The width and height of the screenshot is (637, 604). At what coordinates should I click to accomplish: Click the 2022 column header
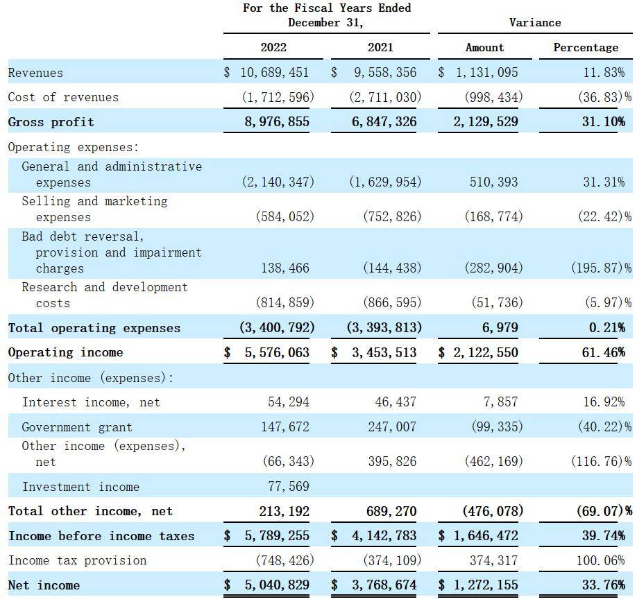273,47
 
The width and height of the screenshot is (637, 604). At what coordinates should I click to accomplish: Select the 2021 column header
380,47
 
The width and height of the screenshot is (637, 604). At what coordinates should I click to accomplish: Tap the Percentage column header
586,47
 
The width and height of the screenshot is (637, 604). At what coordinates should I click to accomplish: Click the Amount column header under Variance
484,47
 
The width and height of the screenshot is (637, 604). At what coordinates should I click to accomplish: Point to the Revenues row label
35,73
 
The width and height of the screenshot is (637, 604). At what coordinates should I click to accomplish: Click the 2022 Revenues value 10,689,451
274,72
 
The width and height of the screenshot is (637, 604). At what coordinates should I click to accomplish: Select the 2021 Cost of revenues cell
385,97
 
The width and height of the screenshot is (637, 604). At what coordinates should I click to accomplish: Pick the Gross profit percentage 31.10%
603,121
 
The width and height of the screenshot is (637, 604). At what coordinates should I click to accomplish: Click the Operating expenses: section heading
73,147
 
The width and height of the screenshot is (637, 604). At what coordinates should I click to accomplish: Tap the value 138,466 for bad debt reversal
284,268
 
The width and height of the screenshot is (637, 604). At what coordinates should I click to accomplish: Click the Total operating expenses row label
94,327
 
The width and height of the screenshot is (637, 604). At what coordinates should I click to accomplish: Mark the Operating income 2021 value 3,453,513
384,352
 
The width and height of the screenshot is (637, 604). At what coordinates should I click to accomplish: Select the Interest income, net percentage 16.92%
604,402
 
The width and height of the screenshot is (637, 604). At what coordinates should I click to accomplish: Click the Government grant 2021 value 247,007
392,426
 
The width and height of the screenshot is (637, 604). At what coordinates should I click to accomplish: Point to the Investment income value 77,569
289,486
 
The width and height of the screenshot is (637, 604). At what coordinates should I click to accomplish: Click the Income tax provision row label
77,560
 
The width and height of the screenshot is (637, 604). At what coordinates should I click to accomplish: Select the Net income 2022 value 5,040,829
277,585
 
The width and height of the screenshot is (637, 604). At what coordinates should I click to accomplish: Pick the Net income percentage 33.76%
603,585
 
